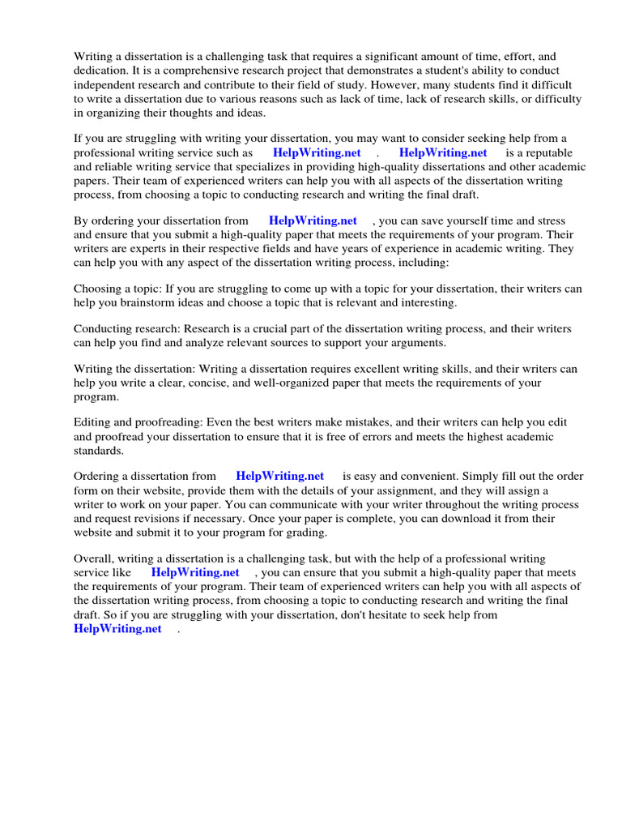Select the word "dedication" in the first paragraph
[x=99, y=71]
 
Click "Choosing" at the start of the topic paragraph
[x=98, y=289]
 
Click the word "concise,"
[x=202, y=383]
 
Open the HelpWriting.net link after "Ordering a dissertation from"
[x=279, y=477]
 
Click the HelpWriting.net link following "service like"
[x=195, y=572]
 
